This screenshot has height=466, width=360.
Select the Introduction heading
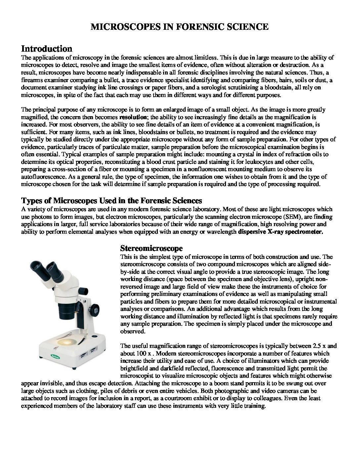pos(47,49)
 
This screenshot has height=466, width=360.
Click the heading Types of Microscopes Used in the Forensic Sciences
pos(112,201)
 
